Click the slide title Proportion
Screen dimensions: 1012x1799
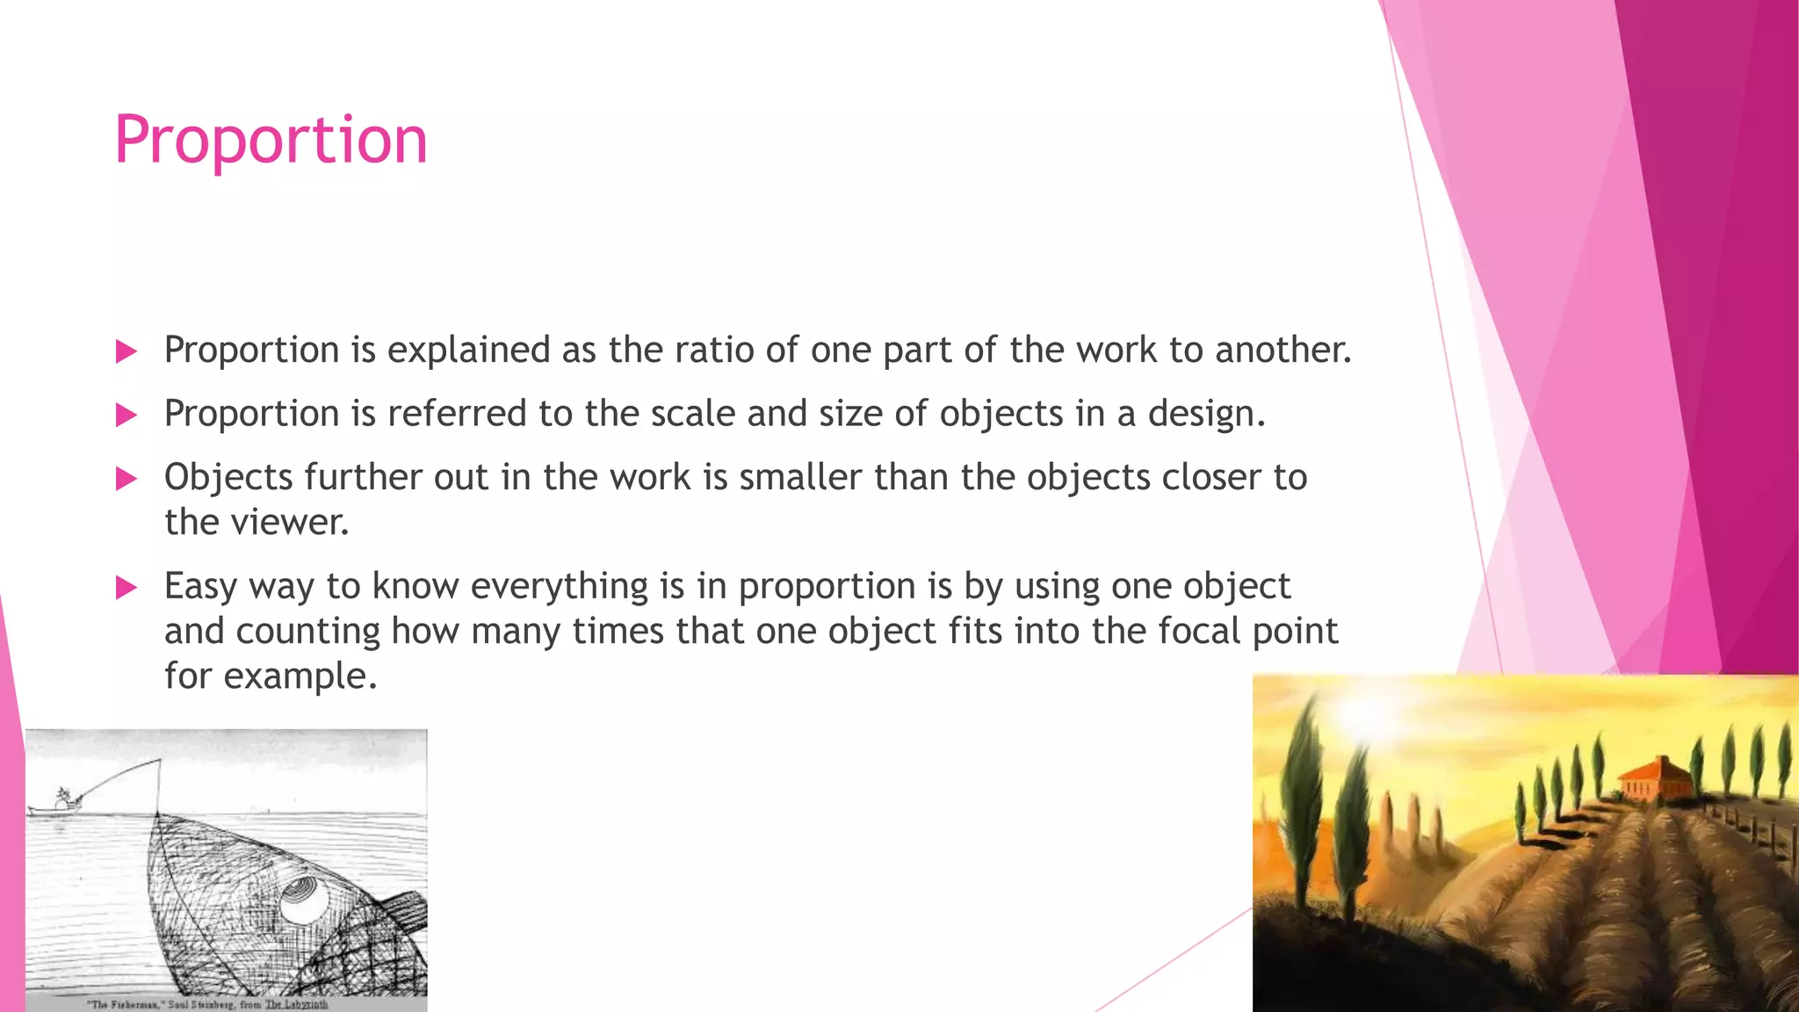coord(271,140)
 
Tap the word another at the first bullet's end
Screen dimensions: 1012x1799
coord(1282,350)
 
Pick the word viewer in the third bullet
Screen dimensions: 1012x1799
coord(290,523)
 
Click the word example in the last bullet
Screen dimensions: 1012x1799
coord(300,676)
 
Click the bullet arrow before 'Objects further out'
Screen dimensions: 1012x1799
coord(126,479)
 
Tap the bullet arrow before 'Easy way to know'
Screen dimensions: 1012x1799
coord(126,588)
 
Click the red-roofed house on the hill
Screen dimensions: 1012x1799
coord(1654,779)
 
